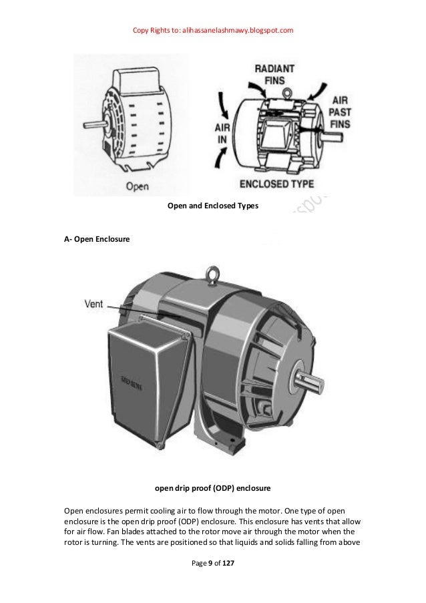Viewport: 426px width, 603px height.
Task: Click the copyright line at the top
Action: pos(213,30)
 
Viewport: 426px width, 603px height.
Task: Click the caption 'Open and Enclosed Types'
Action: pos(212,206)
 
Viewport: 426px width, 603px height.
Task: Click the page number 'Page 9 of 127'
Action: pos(212,564)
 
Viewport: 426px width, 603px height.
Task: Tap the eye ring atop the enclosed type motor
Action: pos(286,91)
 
